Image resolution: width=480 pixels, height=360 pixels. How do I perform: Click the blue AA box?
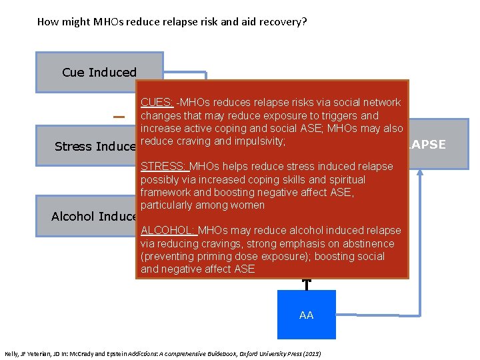(307, 315)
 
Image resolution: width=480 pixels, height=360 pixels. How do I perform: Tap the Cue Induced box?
(99, 72)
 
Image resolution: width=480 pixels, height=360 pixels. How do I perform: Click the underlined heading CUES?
(157, 102)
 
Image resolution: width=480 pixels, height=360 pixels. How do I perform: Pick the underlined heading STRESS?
(164, 166)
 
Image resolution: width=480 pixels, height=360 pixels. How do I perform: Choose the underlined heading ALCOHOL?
(167, 230)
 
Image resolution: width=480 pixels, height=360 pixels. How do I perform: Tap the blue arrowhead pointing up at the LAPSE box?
(420, 171)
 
